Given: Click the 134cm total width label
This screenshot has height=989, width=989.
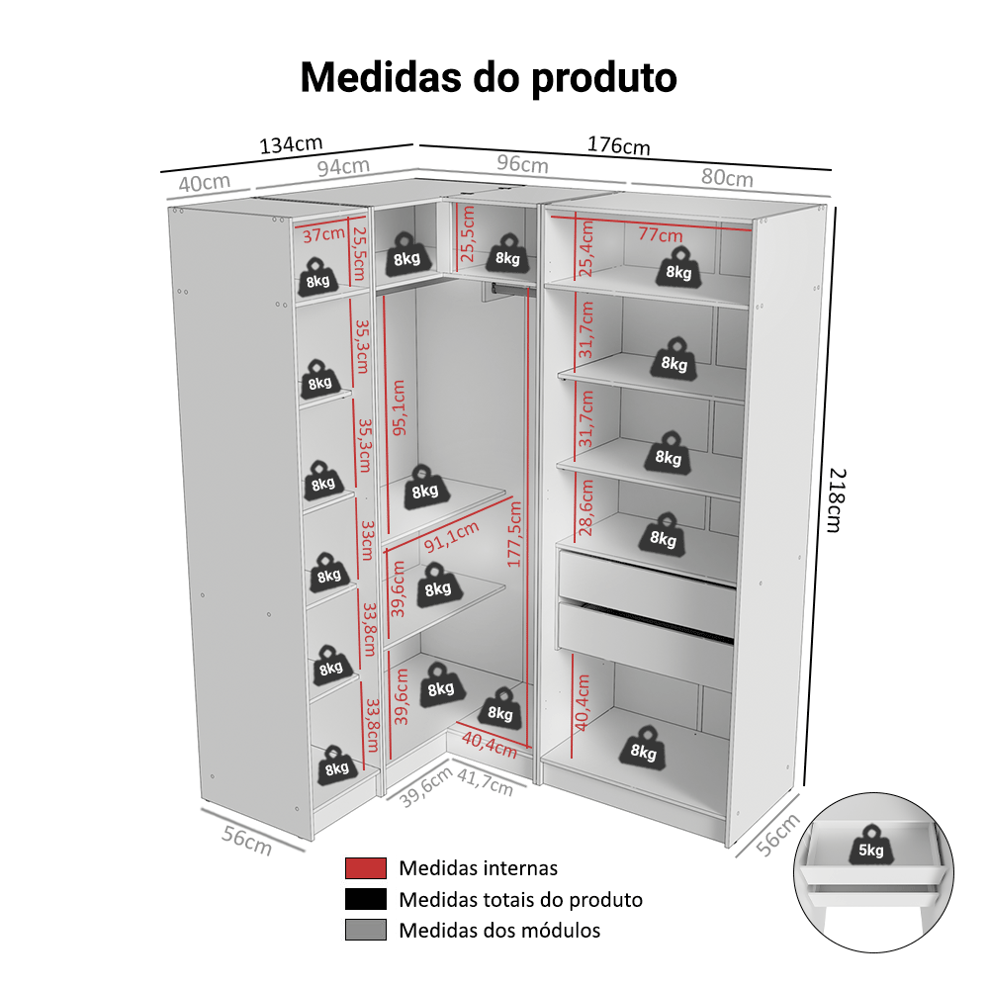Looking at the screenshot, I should (292, 144).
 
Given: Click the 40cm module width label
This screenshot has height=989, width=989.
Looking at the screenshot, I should (205, 183).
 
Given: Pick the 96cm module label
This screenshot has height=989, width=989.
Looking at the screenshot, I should (521, 163).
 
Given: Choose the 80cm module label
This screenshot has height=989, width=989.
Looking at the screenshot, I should (727, 177).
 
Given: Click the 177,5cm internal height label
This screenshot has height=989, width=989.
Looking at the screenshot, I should (514, 533).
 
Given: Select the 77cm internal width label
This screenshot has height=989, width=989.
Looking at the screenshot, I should (660, 234).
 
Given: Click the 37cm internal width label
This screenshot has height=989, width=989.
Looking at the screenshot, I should (322, 235).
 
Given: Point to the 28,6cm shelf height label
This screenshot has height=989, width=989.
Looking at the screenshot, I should (586, 506).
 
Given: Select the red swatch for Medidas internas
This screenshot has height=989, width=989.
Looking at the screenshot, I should (365, 868).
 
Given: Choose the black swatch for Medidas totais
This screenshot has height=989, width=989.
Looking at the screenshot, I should (365, 900).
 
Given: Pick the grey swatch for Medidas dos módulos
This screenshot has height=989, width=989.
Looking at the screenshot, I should (365, 931).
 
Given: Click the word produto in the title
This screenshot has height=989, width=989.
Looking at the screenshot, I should (604, 76).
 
